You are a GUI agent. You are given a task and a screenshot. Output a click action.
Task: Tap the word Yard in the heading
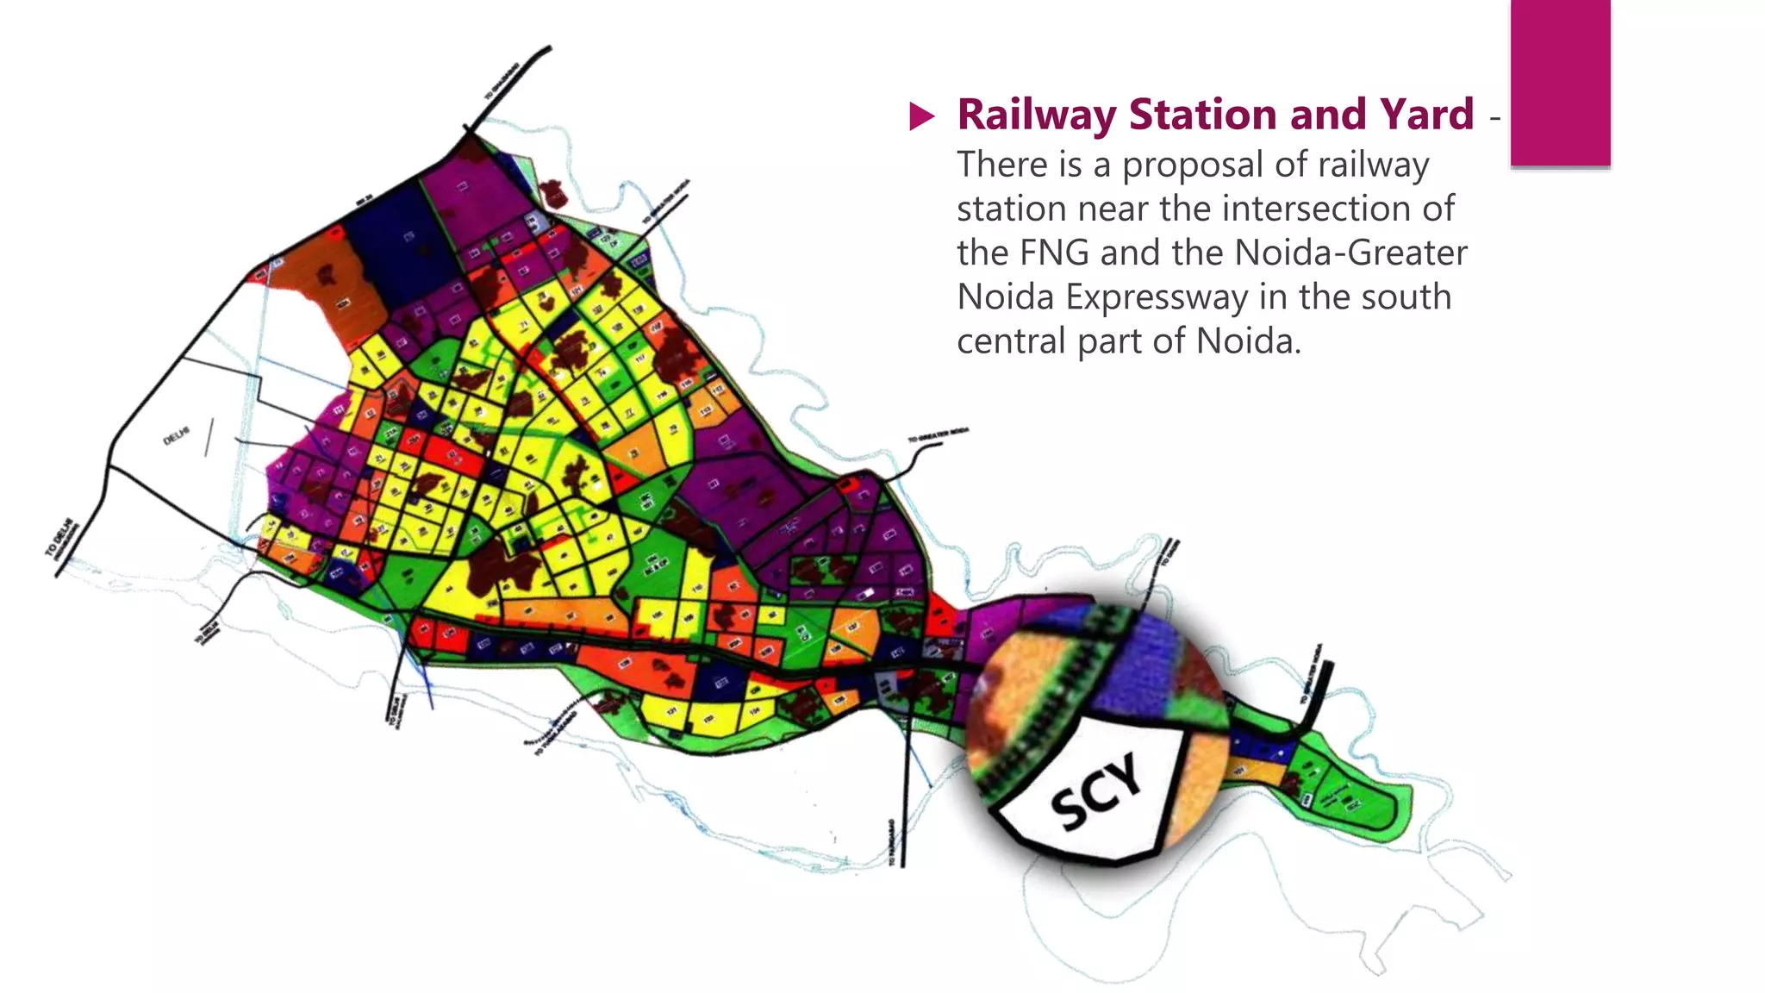pos(1426,115)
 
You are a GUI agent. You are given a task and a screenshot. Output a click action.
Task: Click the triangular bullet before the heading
pos(921,116)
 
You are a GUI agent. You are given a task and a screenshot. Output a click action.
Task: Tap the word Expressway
pos(1157,297)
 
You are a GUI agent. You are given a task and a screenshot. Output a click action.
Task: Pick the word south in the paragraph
pos(1409,297)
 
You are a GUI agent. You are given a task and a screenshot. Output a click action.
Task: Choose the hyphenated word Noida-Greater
pos(1350,253)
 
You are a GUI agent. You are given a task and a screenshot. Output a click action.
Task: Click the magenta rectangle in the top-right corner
pos(1560,82)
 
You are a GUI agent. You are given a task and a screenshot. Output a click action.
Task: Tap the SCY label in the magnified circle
pos(1096,791)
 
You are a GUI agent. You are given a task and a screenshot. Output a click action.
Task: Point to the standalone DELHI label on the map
pos(176,437)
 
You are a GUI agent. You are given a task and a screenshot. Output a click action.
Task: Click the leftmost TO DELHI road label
pos(60,540)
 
